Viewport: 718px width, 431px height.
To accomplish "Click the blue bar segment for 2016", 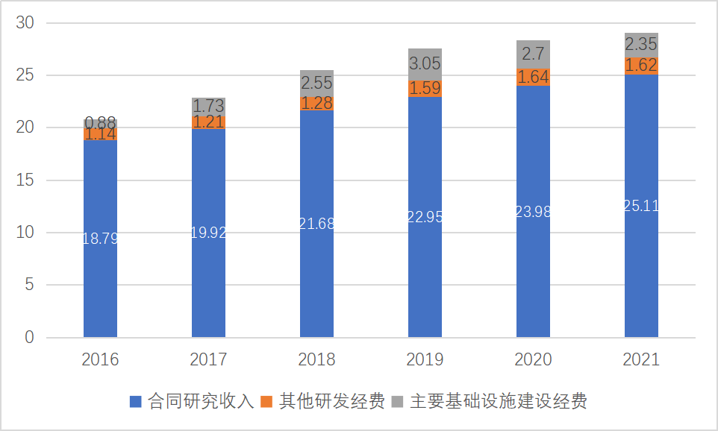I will [100, 283].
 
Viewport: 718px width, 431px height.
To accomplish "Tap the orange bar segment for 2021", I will [641, 66].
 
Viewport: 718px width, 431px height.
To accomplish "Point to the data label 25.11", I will [641, 206].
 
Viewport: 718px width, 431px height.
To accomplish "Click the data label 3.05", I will [425, 65].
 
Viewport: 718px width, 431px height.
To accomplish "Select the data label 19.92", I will [208, 233].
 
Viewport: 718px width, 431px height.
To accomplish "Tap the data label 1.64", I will [533, 77].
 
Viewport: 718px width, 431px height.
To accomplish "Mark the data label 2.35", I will [641, 43].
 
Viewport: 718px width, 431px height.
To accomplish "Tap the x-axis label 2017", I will [208, 359].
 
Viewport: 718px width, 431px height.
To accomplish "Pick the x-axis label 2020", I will [533, 359].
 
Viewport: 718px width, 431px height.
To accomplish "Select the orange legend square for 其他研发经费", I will [266, 401].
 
